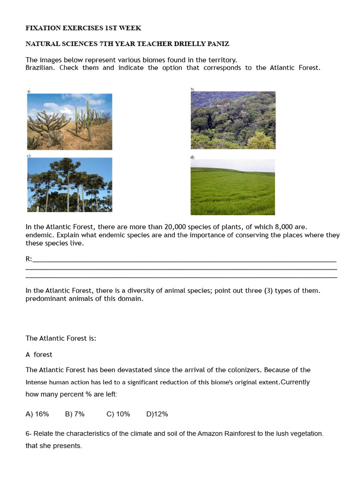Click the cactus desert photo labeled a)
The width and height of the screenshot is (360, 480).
coord(69,121)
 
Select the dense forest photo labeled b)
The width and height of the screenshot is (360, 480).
coord(233,120)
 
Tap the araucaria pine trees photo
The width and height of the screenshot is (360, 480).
coord(69,185)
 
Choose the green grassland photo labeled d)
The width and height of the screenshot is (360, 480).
coord(232,187)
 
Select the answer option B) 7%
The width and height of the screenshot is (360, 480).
coord(75,414)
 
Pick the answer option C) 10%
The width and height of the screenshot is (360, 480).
coord(118,414)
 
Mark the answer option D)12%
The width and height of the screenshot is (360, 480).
coord(157,414)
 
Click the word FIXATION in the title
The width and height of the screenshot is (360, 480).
coord(44,28)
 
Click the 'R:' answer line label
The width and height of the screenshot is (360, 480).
coord(29,259)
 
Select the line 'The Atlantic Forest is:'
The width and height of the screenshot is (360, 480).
coord(60,338)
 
